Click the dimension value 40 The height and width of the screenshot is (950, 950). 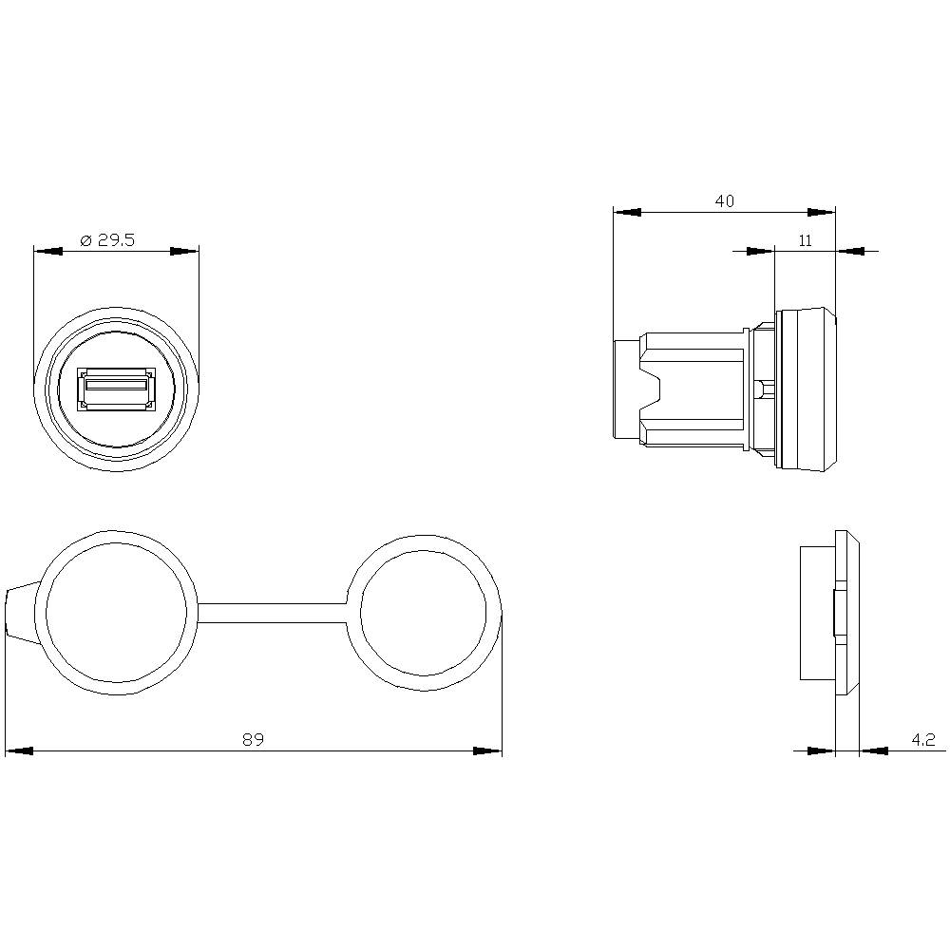[724, 201]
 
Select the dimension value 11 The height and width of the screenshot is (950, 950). [805, 240]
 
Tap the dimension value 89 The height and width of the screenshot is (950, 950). [252, 739]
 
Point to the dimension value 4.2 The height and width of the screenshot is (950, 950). [923, 738]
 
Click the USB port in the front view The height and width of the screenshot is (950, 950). [116, 390]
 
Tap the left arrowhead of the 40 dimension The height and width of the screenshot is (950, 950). [628, 213]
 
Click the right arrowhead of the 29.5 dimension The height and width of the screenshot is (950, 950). [184, 252]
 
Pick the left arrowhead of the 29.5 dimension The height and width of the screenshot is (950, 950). [47, 252]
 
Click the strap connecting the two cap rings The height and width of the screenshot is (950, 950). [273, 613]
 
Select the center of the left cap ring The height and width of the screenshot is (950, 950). [117, 612]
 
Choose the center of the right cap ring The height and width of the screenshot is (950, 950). [425, 611]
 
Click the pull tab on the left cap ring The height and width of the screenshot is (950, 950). [20, 613]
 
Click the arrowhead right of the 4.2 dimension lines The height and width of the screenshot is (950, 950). [873, 750]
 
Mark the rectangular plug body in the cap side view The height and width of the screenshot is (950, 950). [816, 613]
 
